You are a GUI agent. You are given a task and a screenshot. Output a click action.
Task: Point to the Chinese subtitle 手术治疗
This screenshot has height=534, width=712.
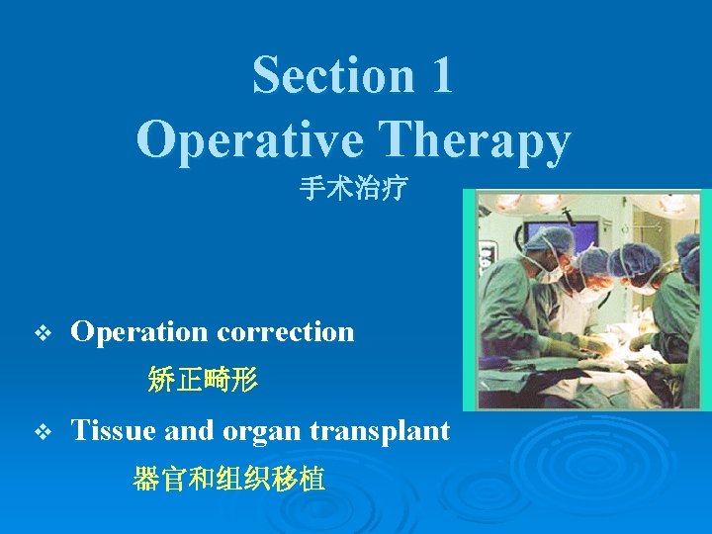353,189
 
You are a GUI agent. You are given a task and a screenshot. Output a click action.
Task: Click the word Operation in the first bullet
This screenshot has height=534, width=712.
140,332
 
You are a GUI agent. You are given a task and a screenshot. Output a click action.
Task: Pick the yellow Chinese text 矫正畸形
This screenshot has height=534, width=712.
202,378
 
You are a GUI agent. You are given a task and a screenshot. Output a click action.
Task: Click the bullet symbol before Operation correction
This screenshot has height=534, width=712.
41,333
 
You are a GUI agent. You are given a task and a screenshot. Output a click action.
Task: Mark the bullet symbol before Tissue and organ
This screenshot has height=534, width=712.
41,432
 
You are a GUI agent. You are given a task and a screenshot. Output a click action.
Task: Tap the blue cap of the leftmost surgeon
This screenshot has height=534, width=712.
549,239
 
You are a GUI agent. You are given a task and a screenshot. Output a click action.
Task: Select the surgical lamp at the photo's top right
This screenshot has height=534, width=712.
675,204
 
